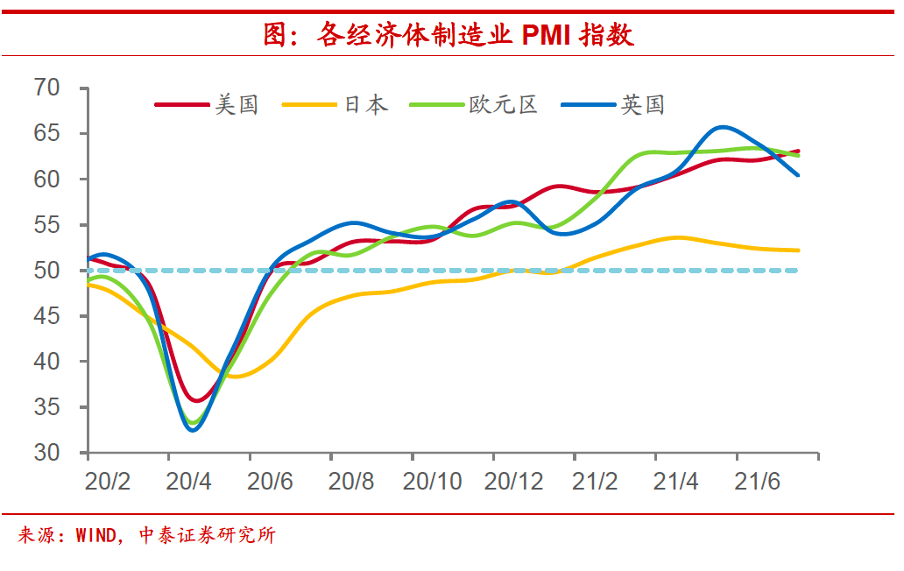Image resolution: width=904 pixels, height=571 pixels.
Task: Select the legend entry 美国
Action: coord(237,105)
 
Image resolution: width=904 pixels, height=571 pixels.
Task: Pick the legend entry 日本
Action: coord(365,105)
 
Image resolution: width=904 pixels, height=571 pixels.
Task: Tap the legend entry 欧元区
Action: coord(503,105)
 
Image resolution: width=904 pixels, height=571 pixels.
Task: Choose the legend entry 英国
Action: coord(643,105)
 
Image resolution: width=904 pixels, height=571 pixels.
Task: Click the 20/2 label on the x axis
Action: coord(107,482)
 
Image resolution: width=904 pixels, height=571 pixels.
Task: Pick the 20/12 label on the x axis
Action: coord(514,482)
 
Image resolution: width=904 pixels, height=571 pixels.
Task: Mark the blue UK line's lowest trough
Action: coord(193,430)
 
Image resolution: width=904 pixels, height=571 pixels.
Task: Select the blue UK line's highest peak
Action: coord(720,127)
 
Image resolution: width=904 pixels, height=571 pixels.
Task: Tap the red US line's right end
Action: coord(797,152)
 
